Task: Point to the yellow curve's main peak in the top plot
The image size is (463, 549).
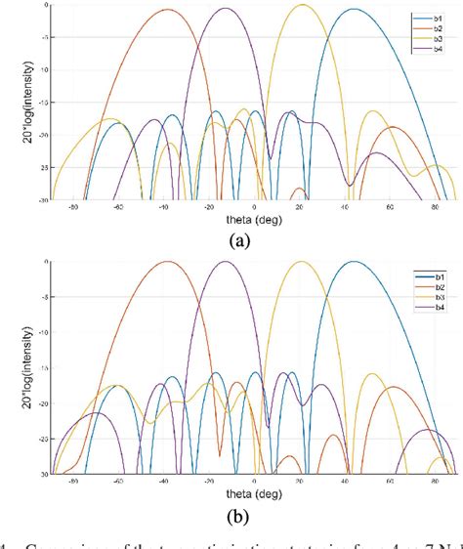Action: coord(303,5)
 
